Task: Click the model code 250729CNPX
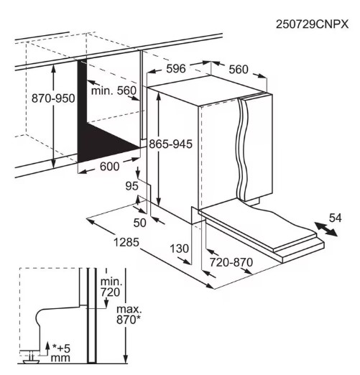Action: click(312, 24)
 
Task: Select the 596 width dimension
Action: click(176, 69)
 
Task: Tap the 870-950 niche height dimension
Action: click(53, 98)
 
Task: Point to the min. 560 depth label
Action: click(114, 91)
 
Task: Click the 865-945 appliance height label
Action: click(171, 144)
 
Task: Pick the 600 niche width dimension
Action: click(109, 167)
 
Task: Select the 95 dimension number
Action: click(131, 186)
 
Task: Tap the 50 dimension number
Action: click(139, 223)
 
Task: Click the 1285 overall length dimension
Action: click(126, 242)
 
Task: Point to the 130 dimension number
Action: click(180, 249)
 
